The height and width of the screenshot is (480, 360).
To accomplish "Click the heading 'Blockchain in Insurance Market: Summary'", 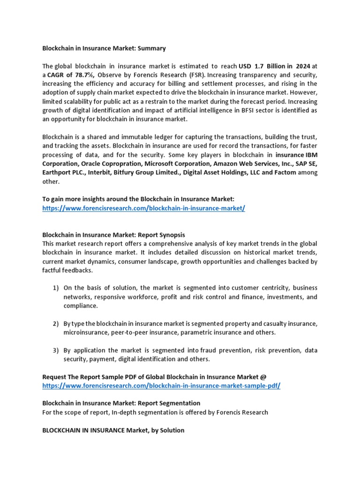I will pos(104,48).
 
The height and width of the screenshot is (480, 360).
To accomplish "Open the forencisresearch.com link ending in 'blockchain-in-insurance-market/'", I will pos(143,208).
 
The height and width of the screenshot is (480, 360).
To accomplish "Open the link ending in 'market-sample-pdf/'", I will pos(161,385).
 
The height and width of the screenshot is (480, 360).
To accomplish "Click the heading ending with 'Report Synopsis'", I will pos(113,235).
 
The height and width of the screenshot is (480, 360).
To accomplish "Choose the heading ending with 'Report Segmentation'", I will pos(121,403).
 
